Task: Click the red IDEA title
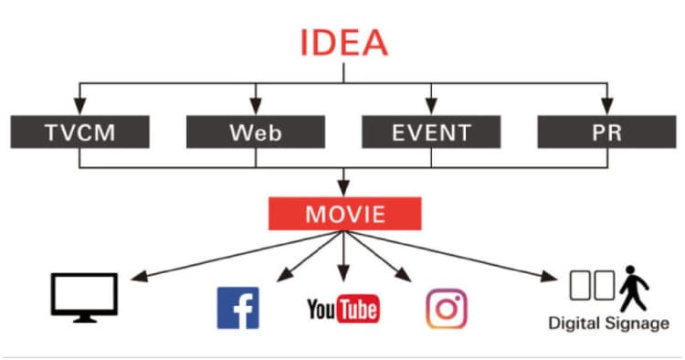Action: point(343,43)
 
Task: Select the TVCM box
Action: point(80,132)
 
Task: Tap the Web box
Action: point(256,132)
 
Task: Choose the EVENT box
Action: point(431,132)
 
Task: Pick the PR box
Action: point(606,132)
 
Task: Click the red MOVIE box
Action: point(344,214)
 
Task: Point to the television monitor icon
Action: point(84,298)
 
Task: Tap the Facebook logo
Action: point(238,308)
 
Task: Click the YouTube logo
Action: point(343,310)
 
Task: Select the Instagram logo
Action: point(447,309)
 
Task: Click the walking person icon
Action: point(634,288)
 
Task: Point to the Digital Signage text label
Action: point(608,323)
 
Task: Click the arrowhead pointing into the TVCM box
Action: point(79,107)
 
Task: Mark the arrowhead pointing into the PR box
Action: point(606,107)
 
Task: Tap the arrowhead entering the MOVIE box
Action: point(343,189)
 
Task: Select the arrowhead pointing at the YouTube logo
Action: point(343,273)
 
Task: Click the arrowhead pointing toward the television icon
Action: point(140,276)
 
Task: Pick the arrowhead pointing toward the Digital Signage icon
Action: point(549,276)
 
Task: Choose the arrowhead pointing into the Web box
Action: point(256,107)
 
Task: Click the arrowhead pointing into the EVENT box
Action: point(431,107)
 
